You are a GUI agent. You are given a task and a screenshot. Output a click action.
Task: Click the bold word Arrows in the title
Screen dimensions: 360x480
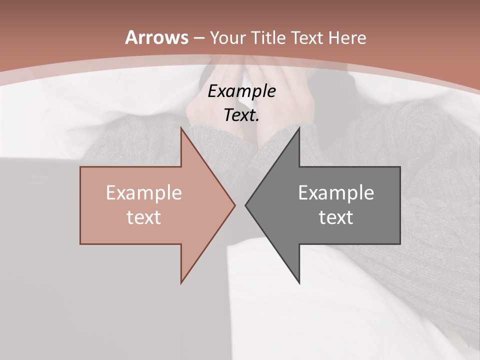[156, 37]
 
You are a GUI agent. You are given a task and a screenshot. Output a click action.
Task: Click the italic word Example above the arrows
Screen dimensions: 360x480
[242, 91]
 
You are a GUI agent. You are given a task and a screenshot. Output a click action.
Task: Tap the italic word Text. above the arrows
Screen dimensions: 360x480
[242, 115]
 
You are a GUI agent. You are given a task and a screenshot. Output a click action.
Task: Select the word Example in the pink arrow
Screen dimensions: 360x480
[144, 192]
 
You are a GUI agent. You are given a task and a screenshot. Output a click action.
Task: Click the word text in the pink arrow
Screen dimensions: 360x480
[144, 217]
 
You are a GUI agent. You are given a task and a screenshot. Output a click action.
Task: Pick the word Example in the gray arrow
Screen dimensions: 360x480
[336, 192]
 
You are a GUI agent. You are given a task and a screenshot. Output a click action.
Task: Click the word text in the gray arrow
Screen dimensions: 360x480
[336, 217]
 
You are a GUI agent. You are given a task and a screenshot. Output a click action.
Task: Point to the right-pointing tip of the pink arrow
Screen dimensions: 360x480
[235, 205]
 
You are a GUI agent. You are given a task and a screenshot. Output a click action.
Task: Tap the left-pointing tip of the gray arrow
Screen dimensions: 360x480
[245, 205]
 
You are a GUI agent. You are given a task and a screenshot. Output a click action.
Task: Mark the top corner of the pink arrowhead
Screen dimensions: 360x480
[181, 127]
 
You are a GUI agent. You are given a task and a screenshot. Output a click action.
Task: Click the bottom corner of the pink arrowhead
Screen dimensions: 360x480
[181, 283]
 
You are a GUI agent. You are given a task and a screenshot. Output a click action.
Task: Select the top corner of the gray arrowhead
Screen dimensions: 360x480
[299, 127]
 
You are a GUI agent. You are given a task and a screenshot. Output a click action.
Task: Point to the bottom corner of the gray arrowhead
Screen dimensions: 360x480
[299, 283]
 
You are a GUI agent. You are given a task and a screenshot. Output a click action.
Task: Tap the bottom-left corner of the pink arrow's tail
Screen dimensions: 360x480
[80, 244]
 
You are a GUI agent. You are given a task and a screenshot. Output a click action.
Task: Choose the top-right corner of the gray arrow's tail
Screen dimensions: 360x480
[400, 167]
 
